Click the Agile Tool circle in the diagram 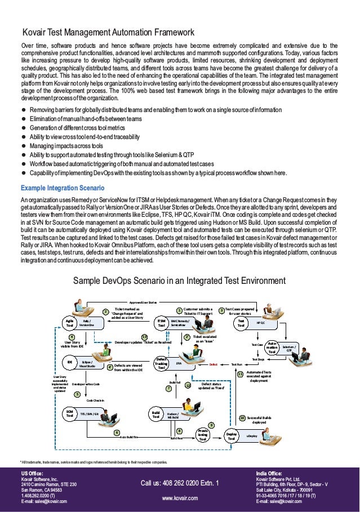coord(70,323)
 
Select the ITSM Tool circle coord(161,323)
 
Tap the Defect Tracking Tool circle coord(162,363)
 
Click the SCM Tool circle coord(70,414)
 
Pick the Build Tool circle coord(155,415)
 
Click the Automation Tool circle coord(272,347)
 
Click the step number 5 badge coord(77,395)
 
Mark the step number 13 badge coord(145,337)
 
